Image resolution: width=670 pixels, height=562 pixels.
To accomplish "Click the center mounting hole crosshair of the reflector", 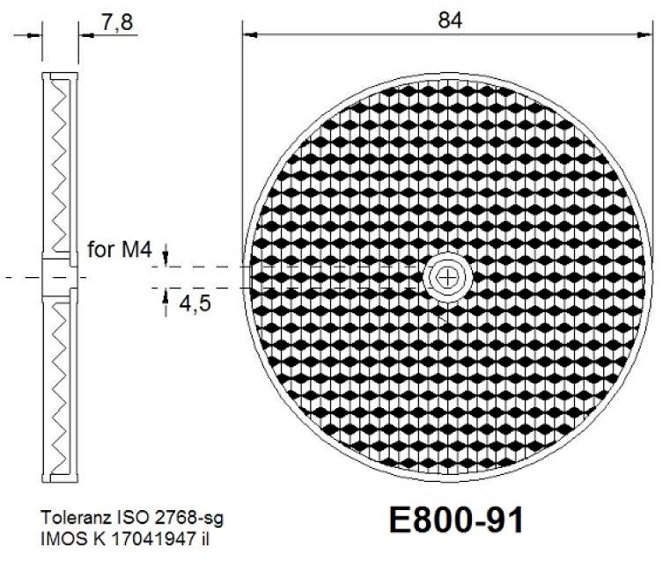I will [x=449, y=277].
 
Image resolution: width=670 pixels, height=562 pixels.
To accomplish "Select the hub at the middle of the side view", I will [x=60, y=277].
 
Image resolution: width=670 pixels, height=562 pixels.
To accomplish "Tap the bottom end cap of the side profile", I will [x=60, y=478].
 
